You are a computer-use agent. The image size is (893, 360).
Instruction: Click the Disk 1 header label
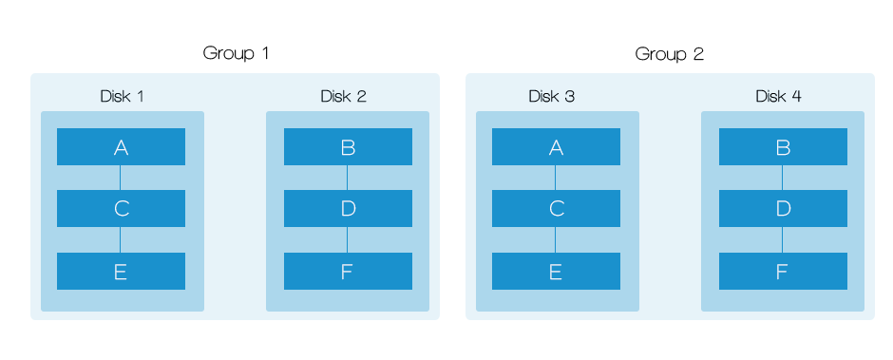click(x=122, y=96)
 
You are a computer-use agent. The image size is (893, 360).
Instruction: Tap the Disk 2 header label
click(x=343, y=96)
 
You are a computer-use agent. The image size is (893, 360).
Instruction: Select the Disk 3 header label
click(x=551, y=96)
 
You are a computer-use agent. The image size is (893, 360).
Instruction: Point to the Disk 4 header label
click(x=778, y=96)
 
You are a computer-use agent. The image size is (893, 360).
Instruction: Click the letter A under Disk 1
click(x=121, y=148)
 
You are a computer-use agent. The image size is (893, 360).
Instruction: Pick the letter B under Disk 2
click(x=348, y=148)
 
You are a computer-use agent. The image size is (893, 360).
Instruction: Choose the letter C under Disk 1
click(x=122, y=209)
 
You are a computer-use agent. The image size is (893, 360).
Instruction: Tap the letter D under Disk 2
click(x=348, y=209)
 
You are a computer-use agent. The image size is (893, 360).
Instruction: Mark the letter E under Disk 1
click(x=121, y=273)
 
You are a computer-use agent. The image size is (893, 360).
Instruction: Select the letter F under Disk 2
click(x=347, y=273)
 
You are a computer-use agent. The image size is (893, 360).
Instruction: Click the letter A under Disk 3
click(x=556, y=148)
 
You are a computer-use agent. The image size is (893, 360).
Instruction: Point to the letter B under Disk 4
click(x=783, y=148)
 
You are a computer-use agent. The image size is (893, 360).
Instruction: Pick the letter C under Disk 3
click(x=557, y=209)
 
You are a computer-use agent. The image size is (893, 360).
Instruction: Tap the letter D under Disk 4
click(x=783, y=209)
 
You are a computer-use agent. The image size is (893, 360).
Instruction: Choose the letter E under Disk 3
click(x=556, y=273)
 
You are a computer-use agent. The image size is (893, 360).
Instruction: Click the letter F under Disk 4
click(x=782, y=273)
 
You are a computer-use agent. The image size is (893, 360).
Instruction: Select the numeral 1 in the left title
click(x=265, y=54)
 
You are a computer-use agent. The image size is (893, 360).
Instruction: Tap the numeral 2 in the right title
click(x=699, y=54)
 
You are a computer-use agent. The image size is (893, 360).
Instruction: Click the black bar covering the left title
click(x=236, y=54)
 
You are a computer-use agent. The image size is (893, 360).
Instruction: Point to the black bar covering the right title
click(x=668, y=54)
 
